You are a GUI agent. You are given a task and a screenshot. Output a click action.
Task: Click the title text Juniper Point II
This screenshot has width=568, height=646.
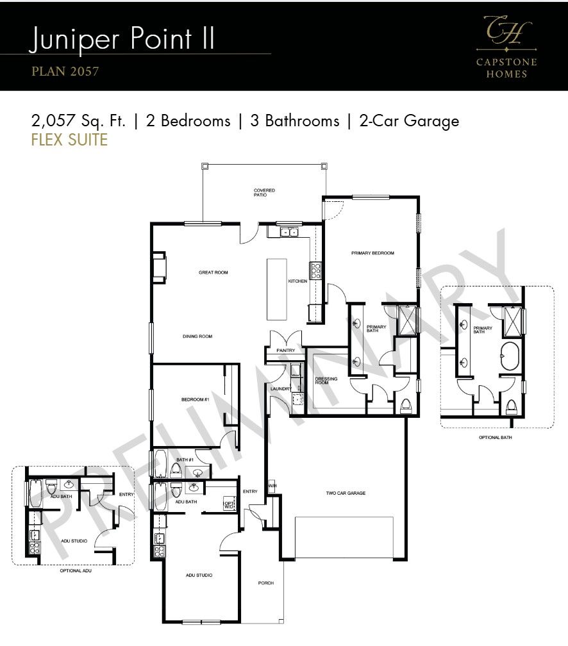[122, 39]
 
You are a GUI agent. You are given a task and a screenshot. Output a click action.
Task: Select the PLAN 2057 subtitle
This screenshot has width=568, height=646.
[65, 71]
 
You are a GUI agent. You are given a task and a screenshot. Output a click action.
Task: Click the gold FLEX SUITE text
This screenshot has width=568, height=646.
[69, 140]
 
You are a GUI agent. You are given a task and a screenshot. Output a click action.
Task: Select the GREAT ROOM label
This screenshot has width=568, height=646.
[213, 272]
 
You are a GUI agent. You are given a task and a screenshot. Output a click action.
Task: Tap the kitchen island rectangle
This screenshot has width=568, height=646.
[276, 289]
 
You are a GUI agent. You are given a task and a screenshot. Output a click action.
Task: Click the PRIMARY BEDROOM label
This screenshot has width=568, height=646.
[372, 253]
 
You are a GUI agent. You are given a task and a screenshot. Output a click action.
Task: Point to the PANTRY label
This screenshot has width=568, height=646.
[285, 351]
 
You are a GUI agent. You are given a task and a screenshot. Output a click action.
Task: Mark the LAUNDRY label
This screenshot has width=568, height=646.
[281, 389]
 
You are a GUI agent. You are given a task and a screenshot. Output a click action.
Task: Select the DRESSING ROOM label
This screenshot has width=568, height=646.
[326, 381]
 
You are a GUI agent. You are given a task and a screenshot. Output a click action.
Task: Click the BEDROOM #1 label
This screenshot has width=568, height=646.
[196, 399]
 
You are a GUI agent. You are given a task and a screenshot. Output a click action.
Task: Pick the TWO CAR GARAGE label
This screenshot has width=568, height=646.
[345, 493]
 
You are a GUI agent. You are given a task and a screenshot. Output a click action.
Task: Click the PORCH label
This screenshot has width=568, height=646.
[265, 583]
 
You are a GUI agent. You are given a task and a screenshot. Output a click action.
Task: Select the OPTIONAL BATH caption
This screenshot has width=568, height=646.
[496, 438]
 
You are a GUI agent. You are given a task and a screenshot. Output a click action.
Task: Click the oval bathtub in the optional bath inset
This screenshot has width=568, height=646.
[510, 355]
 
